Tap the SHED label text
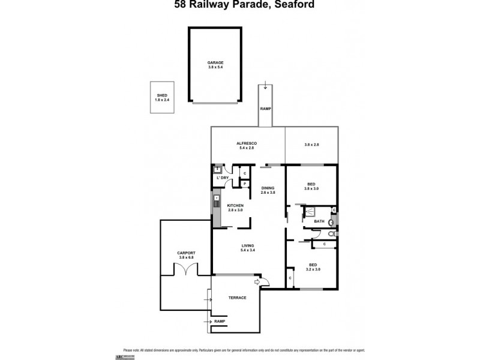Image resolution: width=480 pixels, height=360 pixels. [x=162, y=95]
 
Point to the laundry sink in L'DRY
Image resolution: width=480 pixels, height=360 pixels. [x=218, y=170]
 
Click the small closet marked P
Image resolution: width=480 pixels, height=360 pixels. [x=245, y=184]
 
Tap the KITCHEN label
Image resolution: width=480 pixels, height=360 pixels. [x=235, y=206]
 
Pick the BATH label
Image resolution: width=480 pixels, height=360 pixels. [x=319, y=222]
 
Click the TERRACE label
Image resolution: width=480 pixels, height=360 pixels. [x=238, y=298]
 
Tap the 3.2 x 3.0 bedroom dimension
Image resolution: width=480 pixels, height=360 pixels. [x=313, y=269]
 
